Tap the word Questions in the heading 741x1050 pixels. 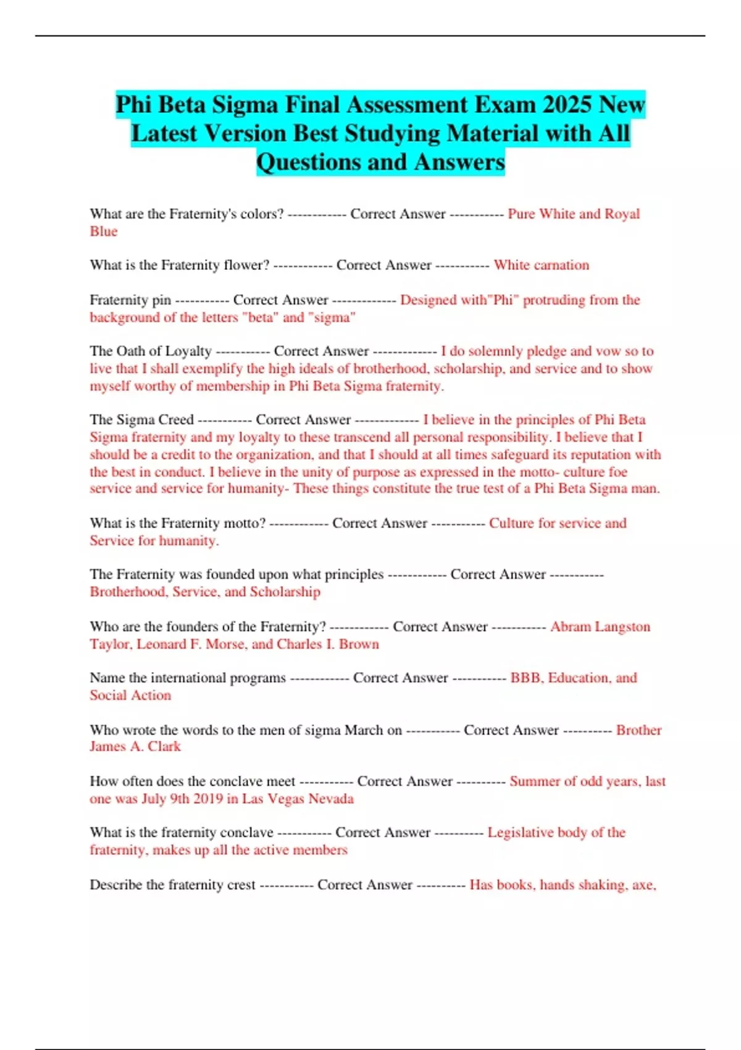coord(308,162)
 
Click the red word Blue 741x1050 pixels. coord(103,232)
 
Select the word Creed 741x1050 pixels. coord(176,420)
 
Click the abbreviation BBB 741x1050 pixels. coord(525,678)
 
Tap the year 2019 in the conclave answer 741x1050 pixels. coord(208,799)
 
